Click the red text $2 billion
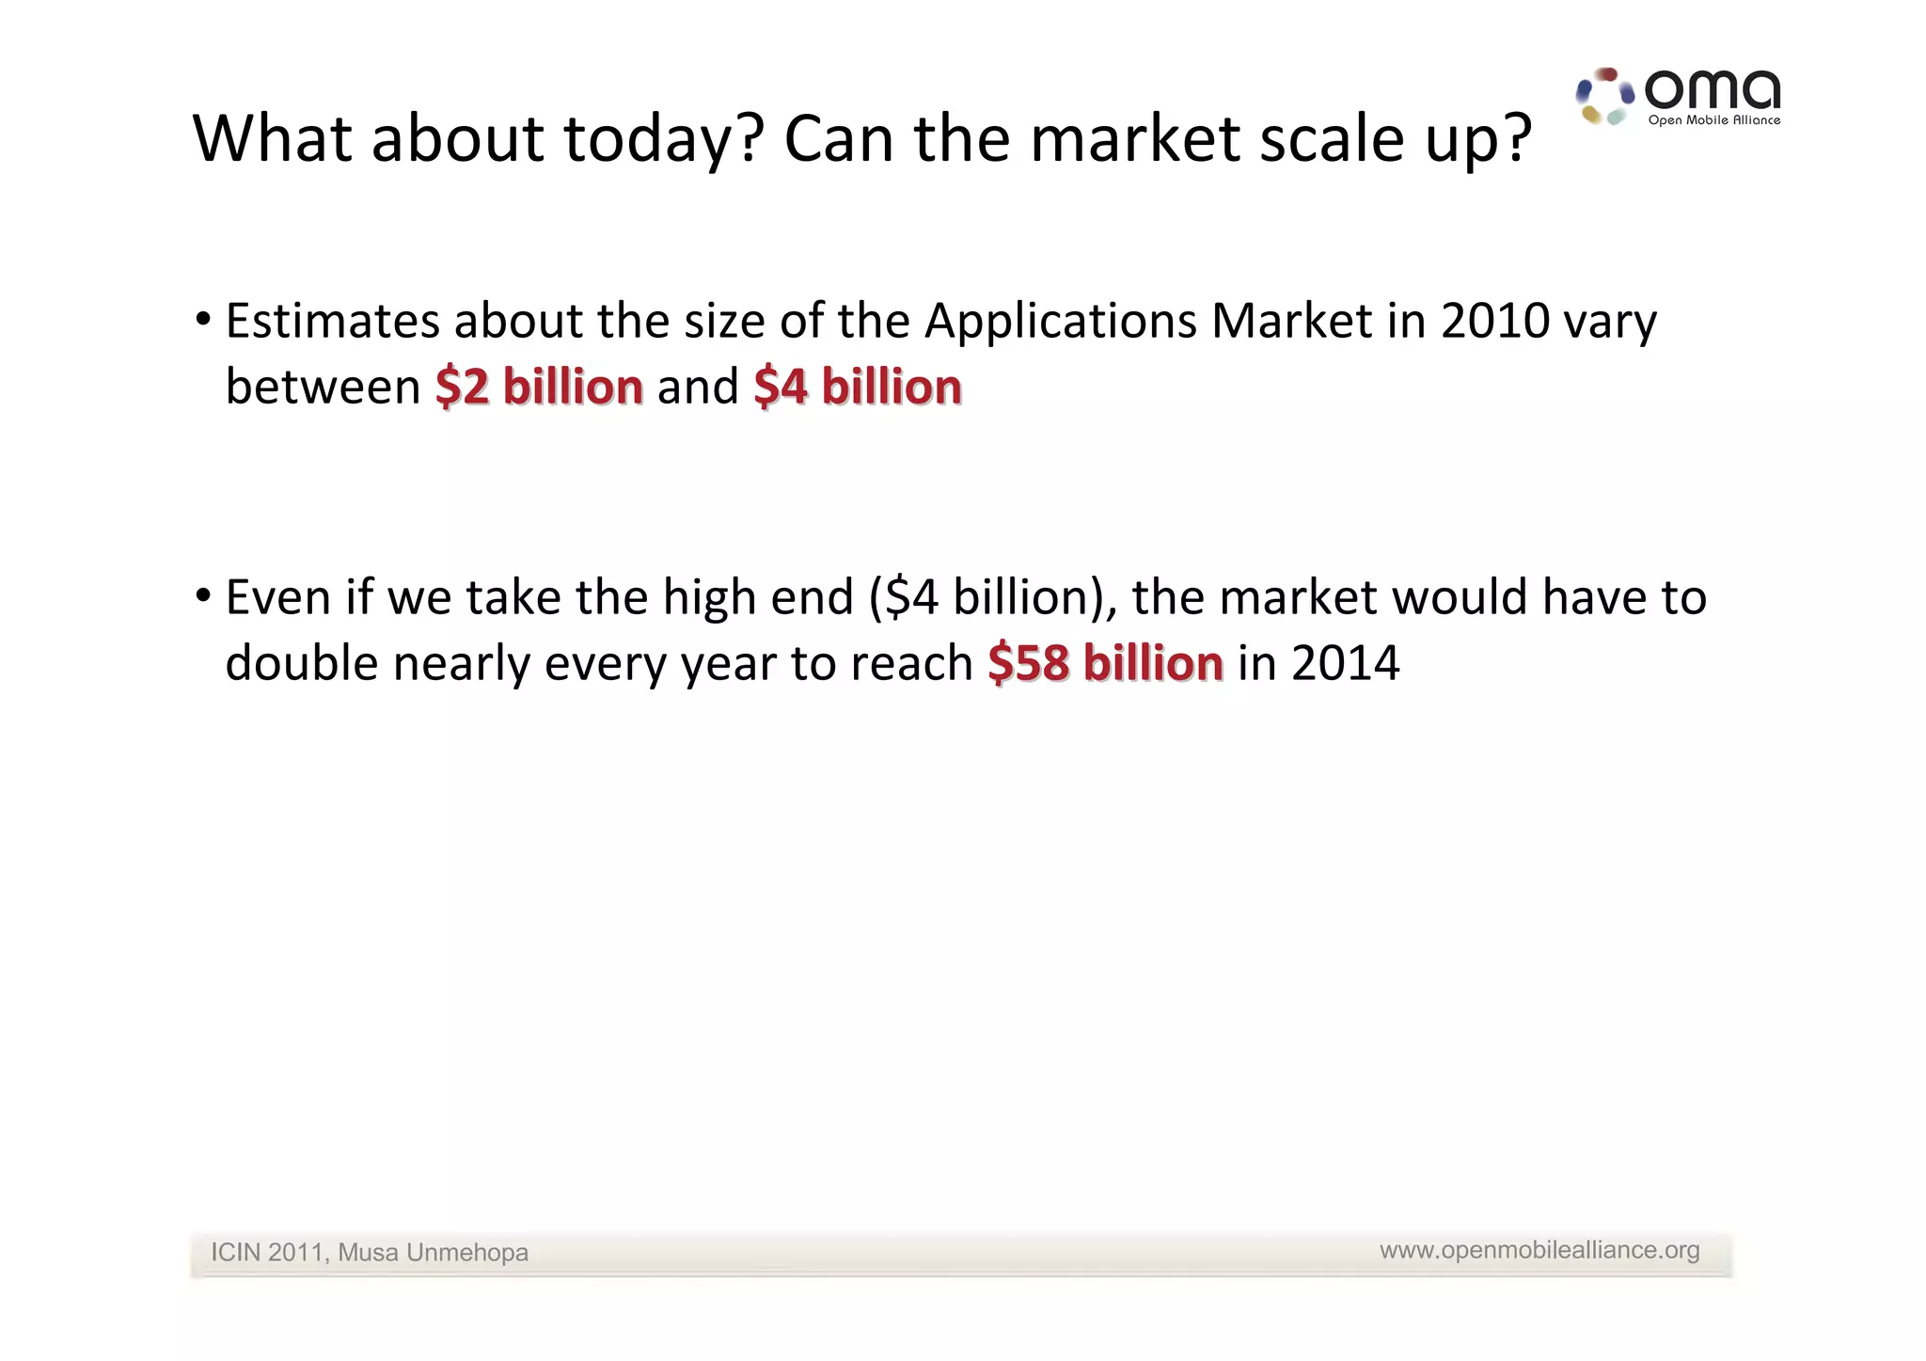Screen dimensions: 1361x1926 point(539,388)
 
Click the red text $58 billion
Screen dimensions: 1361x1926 point(1105,663)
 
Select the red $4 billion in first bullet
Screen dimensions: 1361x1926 point(857,388)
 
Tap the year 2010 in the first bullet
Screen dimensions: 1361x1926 point(1494,322)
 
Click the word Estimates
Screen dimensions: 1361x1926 point(332,322)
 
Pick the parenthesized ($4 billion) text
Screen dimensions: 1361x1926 point(993,598)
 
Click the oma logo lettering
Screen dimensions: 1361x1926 point(1712,90)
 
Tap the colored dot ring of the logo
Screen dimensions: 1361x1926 point(1604,96)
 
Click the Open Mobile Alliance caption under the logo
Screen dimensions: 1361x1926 point(1713,120)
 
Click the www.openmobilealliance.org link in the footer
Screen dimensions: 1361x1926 point(1539,1250)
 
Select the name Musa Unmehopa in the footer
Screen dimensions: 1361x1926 point(433,1253)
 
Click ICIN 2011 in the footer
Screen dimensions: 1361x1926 point(267,1253)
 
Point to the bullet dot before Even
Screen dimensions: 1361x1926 point(202,596)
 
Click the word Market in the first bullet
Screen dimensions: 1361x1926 point(1291,322)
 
